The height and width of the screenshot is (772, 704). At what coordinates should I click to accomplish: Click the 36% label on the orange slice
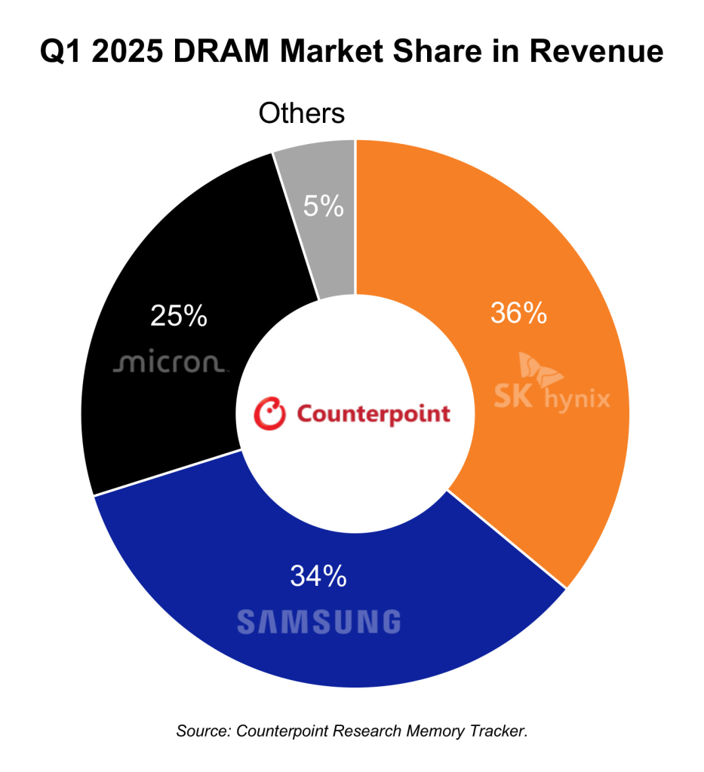click(x=518, y=313)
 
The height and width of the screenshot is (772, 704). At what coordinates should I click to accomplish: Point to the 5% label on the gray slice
click(x=324, y=206)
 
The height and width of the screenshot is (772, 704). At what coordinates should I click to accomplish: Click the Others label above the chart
click(x=301, y=114)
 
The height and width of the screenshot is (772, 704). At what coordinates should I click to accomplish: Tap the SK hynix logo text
click(x=552, y=398)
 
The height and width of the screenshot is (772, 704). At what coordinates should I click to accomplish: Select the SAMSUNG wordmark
click(x=318, y=622)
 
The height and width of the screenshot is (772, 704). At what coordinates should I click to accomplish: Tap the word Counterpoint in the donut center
click(x=373, y=414)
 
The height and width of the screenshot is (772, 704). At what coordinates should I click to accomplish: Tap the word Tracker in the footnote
click(x=500, y=731)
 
